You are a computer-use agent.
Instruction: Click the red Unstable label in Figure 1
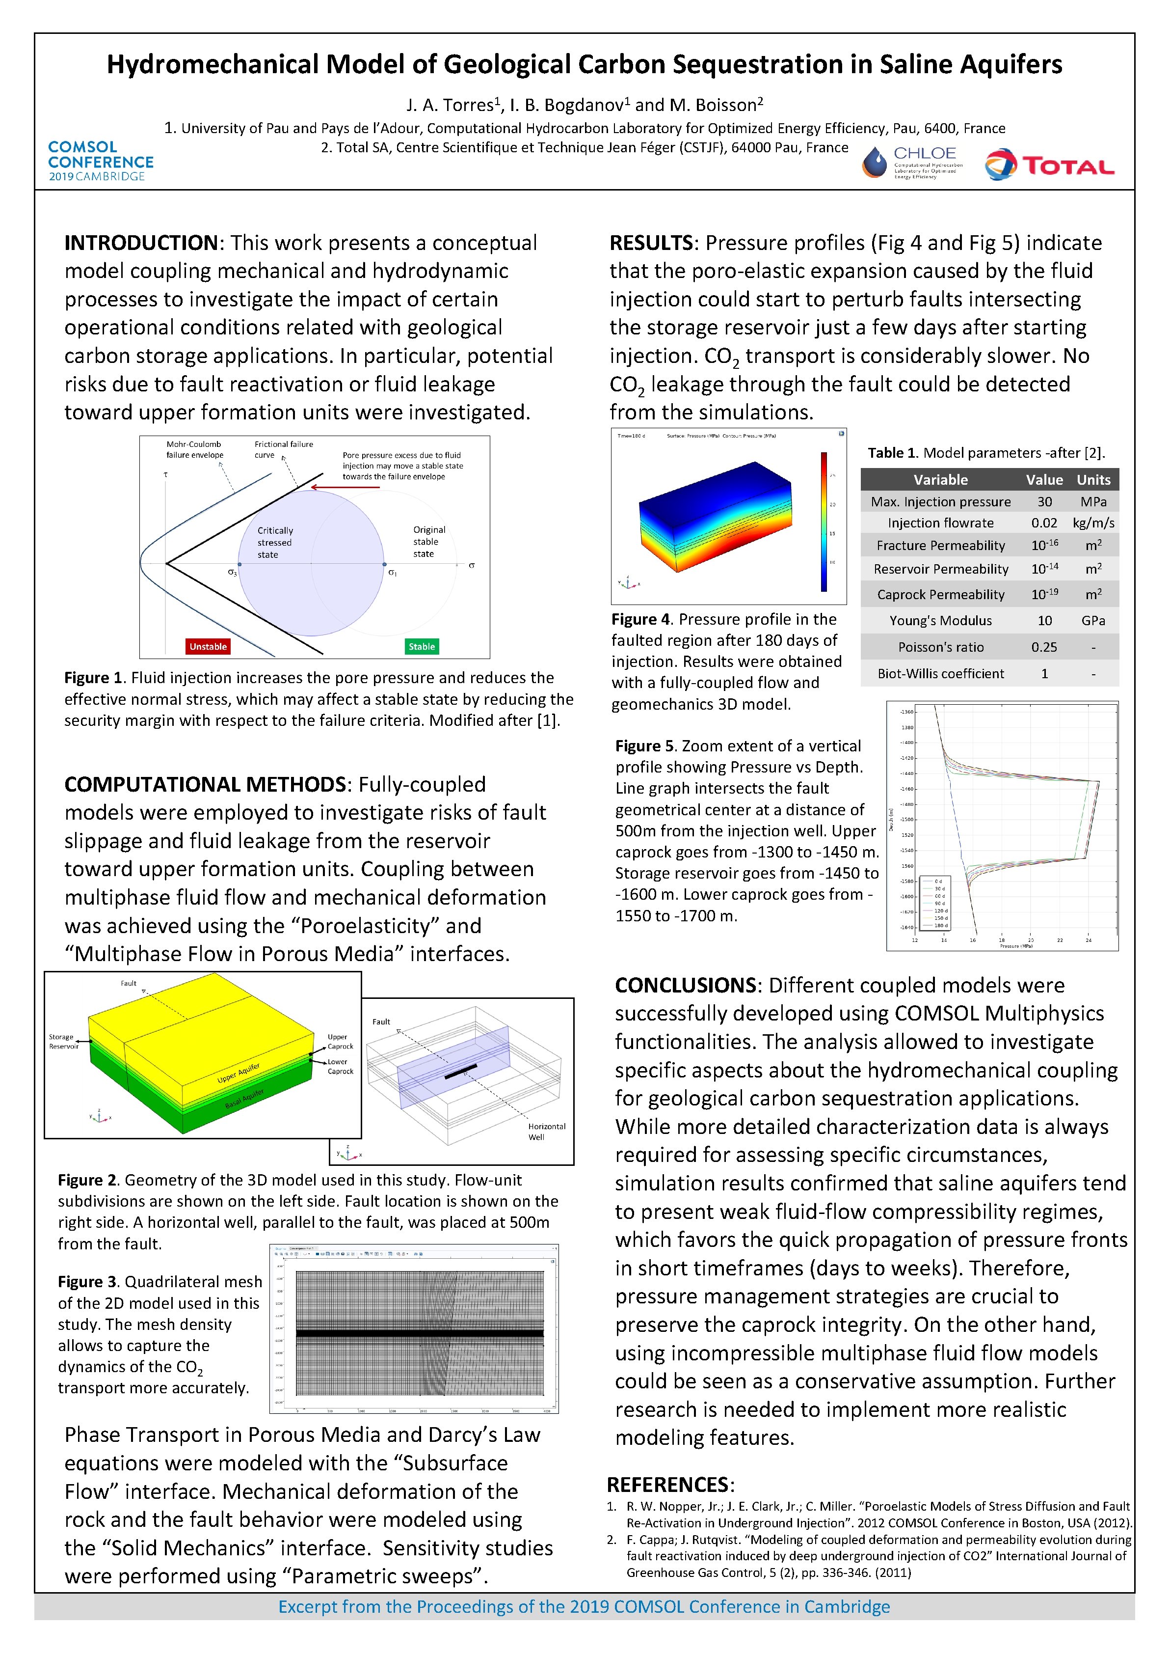(x=208, y=647)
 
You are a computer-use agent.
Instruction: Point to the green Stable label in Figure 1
(x=422, y=647)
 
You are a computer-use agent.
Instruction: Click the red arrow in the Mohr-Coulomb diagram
(x=345, y=487)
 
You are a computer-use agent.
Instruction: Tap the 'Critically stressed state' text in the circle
(x=275, y=542)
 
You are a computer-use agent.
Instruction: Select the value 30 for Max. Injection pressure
(x=1044, y=502)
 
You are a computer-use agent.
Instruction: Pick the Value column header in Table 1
(x=1044, y=479)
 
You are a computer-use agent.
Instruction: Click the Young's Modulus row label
(x=940, y=621)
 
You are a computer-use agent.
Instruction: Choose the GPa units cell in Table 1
(x=1093, y=621)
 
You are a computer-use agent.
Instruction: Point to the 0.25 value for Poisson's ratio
(x=1044, y=647)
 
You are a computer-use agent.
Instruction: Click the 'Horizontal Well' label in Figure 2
(x=546, y=1131)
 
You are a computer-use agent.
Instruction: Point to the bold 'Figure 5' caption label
(x=646, y=746)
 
